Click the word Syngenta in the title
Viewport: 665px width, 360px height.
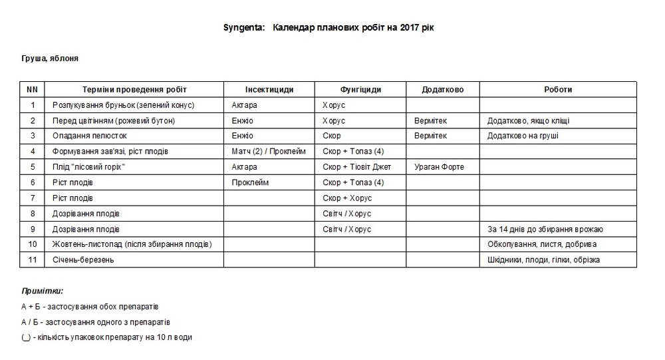pos(243,28)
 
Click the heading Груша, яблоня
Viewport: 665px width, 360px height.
pos(50,59)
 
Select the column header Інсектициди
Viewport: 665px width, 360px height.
pos(269,90)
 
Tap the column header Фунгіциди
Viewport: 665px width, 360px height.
pos(360,90)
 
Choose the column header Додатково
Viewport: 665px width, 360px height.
pos(443,90)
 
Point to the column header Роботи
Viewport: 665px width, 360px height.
pos(557,90)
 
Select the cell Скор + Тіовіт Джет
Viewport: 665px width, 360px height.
pos(356,167)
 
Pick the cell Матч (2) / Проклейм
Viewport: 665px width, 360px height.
pos(269,151)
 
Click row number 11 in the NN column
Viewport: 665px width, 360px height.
pos(33,260)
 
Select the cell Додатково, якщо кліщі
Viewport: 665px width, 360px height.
pos(528,120)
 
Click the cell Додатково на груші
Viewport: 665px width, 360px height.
pos(523,136)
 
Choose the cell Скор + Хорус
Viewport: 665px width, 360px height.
pos(347,198)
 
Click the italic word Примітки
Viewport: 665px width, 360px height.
pos(43,291)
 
